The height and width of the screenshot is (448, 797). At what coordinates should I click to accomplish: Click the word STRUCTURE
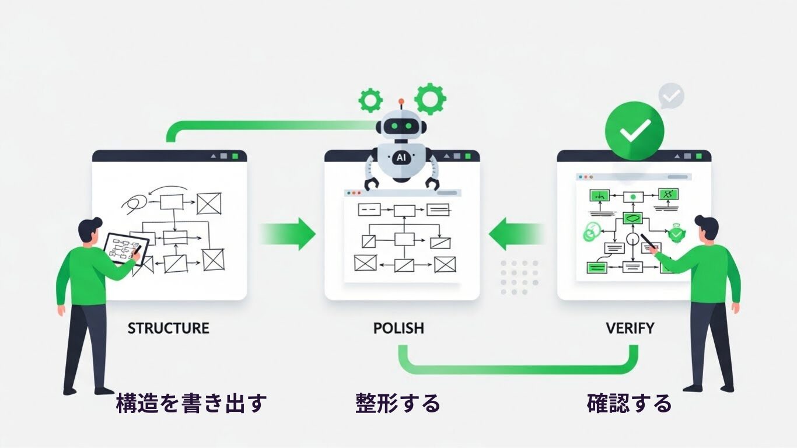point(168,328)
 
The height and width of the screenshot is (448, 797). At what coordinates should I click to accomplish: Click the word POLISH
point(398,328)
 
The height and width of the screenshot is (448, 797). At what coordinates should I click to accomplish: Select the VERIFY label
point(630,328)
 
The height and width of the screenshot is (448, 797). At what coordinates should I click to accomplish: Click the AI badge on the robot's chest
point(401,157)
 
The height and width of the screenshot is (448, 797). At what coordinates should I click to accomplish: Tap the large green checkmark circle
point(634,131)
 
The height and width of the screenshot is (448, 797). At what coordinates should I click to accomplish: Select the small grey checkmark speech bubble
point(672,96)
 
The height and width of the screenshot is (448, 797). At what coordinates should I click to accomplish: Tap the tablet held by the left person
point(125,249)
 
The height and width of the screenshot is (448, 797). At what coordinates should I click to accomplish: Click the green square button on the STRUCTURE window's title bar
point(235,156)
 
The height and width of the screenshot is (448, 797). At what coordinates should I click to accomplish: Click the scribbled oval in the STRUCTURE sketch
point(134,202)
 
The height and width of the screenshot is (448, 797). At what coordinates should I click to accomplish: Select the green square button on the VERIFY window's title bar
point(700,156)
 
